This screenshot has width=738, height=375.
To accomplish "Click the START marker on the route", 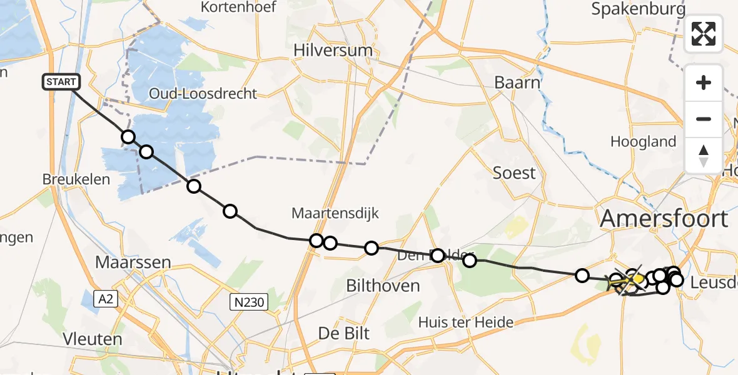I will [61, 82].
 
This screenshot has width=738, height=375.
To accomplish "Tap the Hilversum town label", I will [334, 50].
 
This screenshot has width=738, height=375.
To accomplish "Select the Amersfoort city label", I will [664, 219].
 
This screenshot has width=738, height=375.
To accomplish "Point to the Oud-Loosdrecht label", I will [203, 94].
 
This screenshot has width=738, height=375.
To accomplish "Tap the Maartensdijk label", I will [335, 213].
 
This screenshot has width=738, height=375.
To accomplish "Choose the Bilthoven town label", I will [383, 286].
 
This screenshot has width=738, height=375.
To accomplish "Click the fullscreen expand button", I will [704, 34].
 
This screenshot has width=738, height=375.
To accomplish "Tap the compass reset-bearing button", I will [704, 155].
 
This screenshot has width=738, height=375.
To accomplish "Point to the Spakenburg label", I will [638, 9].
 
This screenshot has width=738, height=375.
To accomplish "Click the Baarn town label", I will [517, 82].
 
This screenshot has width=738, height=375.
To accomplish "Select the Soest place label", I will [514, 172].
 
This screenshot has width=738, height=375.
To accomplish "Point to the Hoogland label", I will [643, 142].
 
